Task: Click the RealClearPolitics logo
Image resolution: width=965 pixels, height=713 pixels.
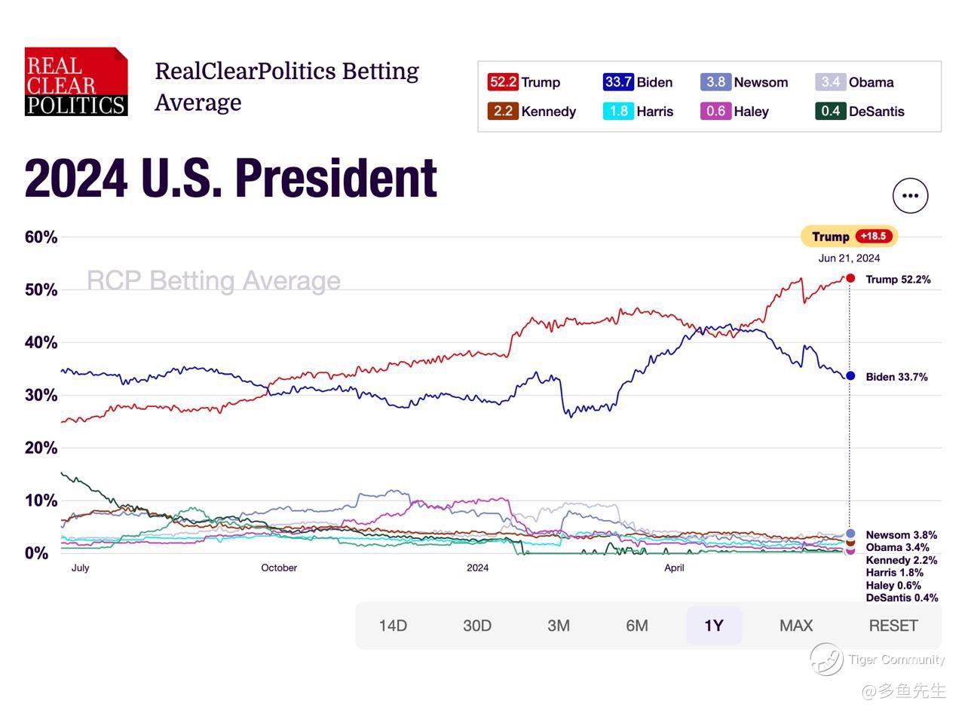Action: coord(76,81)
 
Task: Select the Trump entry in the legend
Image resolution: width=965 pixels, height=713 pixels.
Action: coord(524,82)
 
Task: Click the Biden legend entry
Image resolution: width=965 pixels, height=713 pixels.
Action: coord(638,82)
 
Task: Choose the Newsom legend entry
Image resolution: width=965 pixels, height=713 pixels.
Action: coord(744,82)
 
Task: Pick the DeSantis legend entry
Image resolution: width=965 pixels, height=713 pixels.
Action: coord(859,112)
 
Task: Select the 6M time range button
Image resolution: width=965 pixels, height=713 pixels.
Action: coord(636,626)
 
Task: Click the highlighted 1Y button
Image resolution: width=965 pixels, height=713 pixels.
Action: coord(713,626)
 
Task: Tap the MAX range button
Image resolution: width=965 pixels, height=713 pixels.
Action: coord(796,626)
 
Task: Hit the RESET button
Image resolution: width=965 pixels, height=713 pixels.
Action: coord(893,626)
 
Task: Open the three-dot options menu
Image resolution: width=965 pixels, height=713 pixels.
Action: coord(910,196)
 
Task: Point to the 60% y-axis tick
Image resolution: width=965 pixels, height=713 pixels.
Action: coord(41,237)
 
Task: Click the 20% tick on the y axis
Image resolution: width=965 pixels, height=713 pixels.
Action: coord(41,448)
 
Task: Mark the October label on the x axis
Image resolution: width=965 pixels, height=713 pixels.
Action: coord(279,568)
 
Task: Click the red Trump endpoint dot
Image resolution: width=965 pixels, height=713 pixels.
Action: coord(850,278)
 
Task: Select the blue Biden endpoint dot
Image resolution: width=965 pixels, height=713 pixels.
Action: coord(850,376)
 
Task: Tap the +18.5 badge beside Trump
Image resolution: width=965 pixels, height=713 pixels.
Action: coord(873,237)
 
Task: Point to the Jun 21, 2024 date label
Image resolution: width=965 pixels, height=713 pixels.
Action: coord(849,258)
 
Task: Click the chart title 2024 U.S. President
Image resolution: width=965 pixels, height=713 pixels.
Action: coord(231,179)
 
